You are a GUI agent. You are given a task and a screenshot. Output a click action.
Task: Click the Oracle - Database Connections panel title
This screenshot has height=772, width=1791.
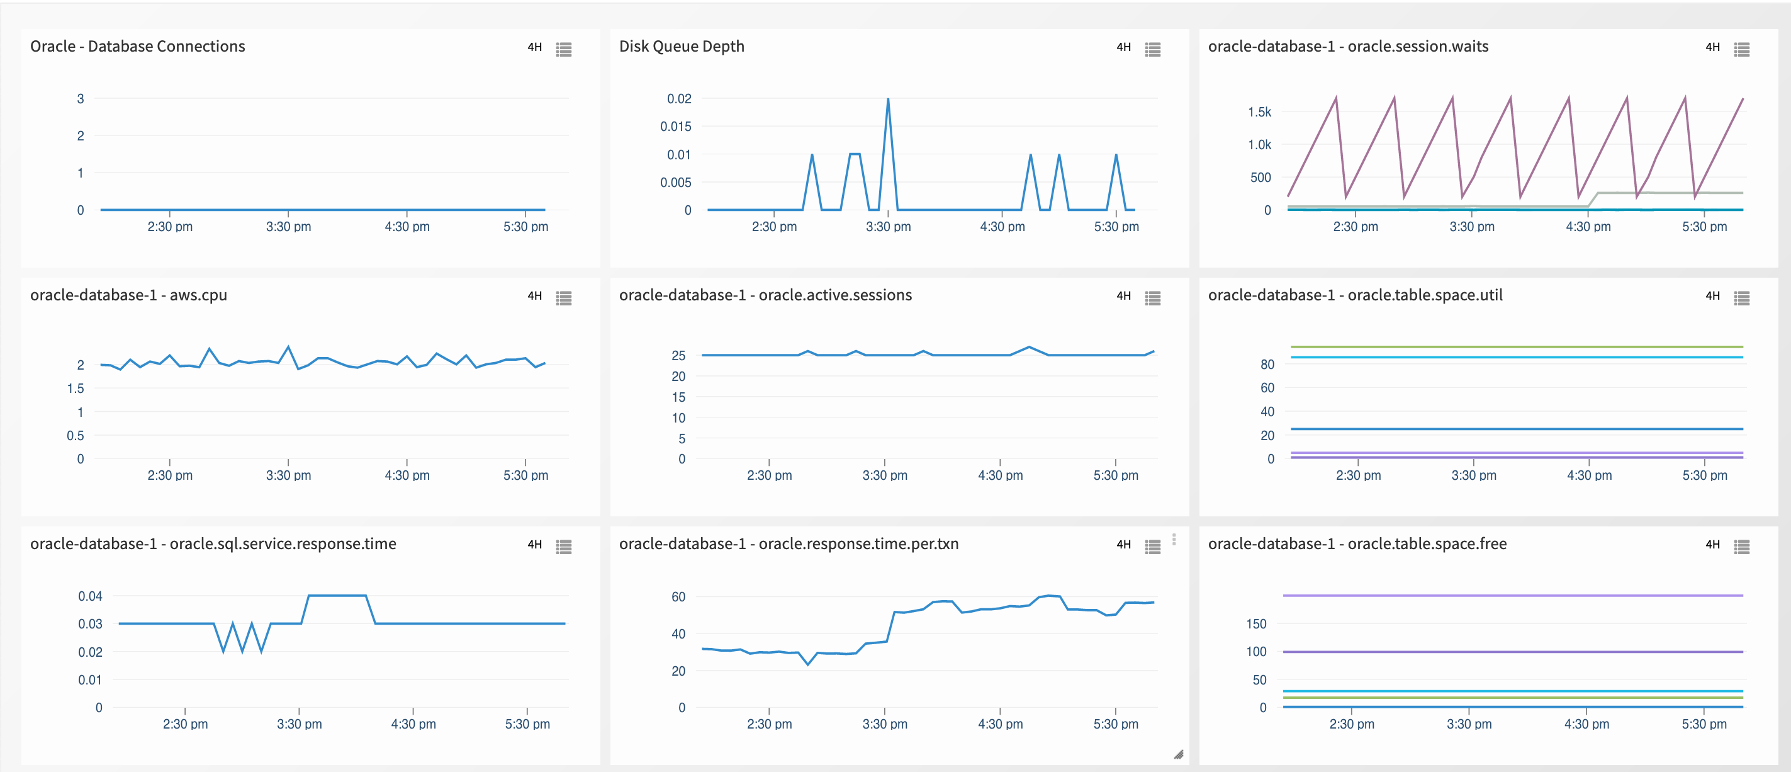137,47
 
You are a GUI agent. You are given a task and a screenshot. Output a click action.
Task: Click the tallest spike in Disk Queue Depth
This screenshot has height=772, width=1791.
888,100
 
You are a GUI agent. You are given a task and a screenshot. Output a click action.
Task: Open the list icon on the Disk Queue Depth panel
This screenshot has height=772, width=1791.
1153,49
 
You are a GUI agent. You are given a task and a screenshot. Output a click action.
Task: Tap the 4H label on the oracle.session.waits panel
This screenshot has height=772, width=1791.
1712,47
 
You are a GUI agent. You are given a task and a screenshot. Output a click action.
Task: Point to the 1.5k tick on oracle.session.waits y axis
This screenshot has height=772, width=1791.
1259,112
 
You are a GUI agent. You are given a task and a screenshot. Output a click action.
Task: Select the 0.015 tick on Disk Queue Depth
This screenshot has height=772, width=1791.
675,127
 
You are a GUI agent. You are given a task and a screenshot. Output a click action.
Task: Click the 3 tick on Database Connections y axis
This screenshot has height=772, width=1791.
81,99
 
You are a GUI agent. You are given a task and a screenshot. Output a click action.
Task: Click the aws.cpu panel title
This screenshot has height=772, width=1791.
128,295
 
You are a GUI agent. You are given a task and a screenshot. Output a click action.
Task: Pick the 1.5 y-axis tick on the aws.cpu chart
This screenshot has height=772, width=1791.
75,389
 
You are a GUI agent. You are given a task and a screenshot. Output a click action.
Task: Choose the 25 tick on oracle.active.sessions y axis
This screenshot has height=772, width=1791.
678,355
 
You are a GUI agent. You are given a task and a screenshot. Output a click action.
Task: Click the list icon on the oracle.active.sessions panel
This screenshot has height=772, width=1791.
1153,298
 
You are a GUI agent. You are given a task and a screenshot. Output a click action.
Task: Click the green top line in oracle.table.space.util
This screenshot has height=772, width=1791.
1515,346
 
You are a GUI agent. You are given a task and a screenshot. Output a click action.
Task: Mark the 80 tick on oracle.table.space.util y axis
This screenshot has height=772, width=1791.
1267,365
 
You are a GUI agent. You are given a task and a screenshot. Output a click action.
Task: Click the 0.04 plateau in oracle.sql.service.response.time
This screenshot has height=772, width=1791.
337,595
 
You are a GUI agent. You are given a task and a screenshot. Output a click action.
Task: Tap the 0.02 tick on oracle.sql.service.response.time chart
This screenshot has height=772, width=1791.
90,652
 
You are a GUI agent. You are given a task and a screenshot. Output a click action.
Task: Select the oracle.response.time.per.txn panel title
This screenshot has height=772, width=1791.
789,545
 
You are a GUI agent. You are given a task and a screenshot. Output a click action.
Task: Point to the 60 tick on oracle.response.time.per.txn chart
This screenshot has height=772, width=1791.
678,597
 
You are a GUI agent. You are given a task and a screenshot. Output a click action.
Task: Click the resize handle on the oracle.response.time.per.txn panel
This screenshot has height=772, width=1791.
1179,754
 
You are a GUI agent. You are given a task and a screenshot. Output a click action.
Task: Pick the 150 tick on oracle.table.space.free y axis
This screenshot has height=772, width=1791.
1255,624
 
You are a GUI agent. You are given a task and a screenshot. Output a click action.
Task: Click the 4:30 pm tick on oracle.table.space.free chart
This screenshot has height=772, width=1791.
1586,724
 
